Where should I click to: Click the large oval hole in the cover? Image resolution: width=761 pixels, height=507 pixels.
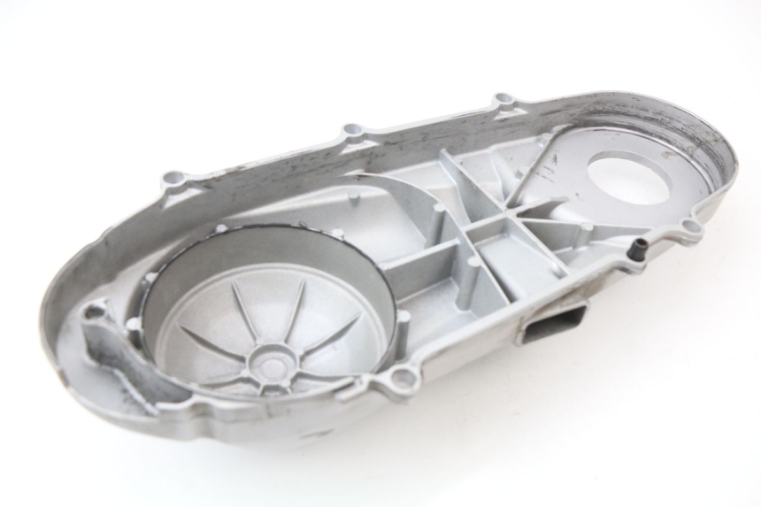(630, 177)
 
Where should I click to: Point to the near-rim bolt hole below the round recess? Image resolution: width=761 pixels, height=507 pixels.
(403, 379)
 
